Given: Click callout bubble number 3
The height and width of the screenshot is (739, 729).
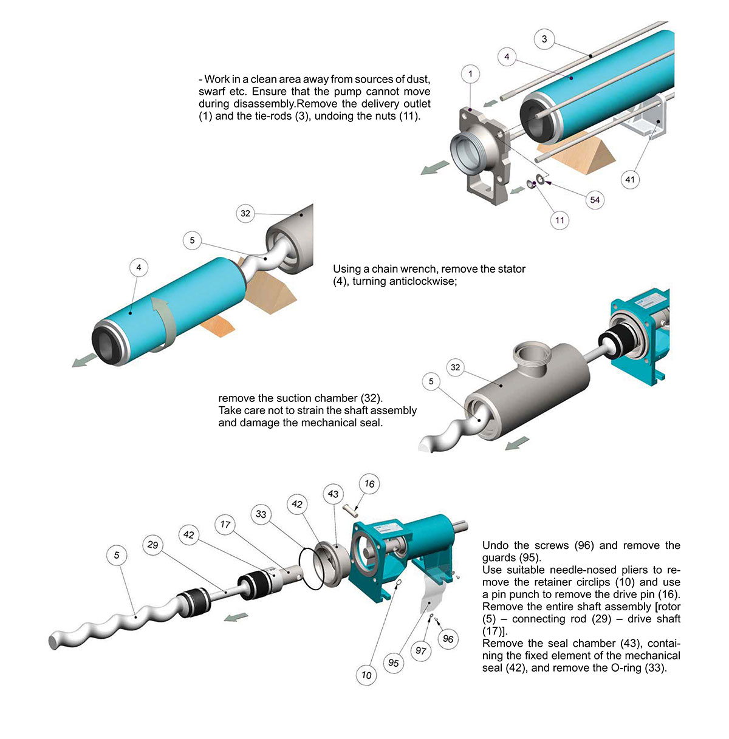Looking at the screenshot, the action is pos(544,39).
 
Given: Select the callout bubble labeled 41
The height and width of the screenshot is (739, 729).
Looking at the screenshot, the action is pos(631,179).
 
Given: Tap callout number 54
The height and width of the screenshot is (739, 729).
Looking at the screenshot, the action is pos(595,199).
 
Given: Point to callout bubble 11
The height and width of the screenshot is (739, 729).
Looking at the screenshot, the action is pos(560,220).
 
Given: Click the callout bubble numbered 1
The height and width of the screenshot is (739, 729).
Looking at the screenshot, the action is pos(471,74).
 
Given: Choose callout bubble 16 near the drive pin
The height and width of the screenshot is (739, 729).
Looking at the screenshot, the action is pos(369,484).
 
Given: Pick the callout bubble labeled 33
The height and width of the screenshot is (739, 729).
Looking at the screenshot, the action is pos(261,514).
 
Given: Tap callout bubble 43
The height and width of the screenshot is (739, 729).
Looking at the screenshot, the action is pos(333,494).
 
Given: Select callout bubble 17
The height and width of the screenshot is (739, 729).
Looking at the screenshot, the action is pos(225,525).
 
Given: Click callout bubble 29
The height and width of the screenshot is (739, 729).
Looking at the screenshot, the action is pos(152,545).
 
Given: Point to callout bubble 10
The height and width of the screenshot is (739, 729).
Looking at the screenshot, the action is pos(366,675).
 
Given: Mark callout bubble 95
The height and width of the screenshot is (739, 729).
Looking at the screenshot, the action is pos(394,662).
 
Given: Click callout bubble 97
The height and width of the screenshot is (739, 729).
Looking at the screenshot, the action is pos(421,651).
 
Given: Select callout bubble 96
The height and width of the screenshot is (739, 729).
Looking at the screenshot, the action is pos(448,639).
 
